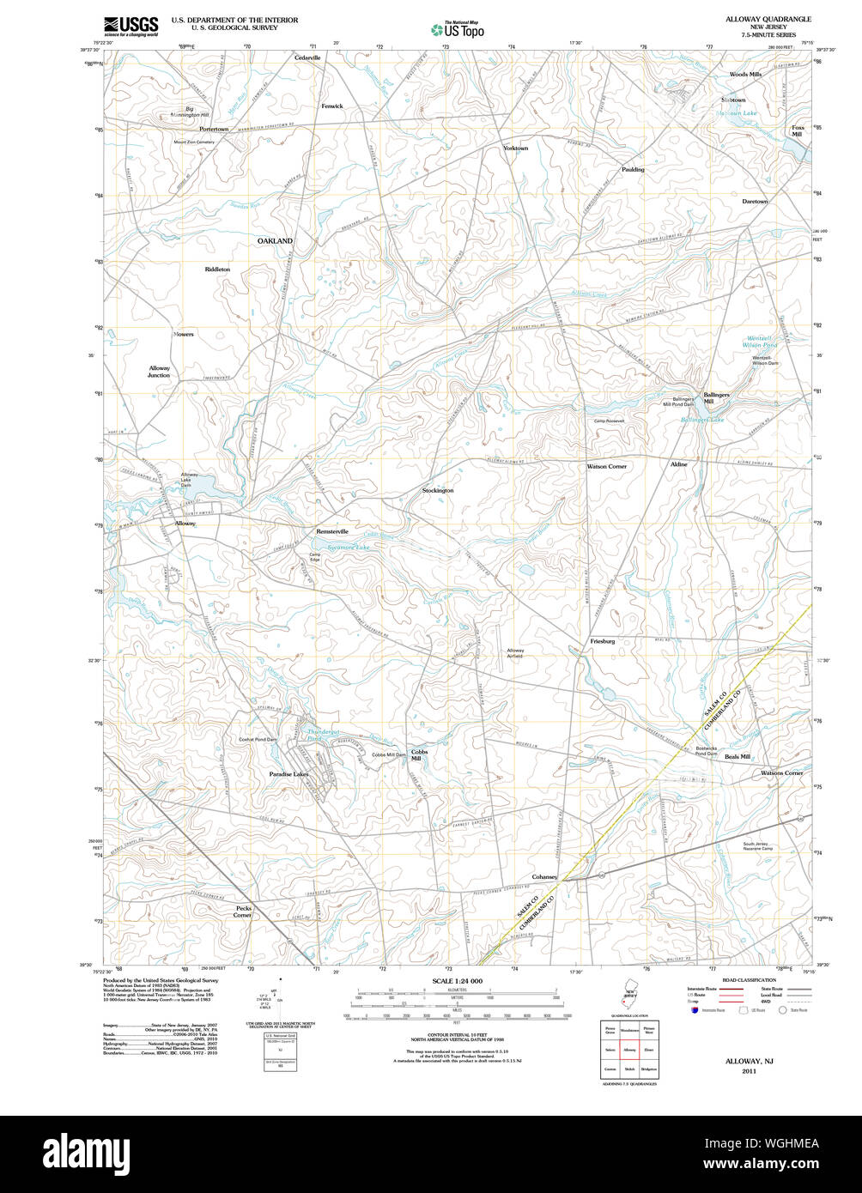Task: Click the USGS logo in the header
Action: pyautogui.click(x=131, y=27)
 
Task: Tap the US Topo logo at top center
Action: pyautogui.click(x=458, y=28)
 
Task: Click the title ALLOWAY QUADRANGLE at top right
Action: pyautogui.click(x=768, y=18)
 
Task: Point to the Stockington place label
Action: pyautogui.click(x=438, y=490)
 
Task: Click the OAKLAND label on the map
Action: pyautogui.click(x=275, y=241)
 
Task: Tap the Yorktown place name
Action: pyautogui.click(x=515, y=148)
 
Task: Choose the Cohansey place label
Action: pyautogui.click(x=544, y=877)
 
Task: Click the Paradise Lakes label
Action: pyautogui.click(x=288, y=773)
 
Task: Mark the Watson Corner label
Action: pyautogui.click(x=606, y=466)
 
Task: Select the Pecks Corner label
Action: pyautogui.click(x=243, y=911)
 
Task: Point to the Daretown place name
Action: pyautogui.click(x=756, y=201)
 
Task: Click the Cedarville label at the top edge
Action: pyautogui.click(x=307, y=58)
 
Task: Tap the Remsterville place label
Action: pyautogui.click(x=332, y=531)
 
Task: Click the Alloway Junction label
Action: pyautogui.click(x=160, y=372)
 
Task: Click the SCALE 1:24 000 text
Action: pyautogui.click(x=458, y=981)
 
